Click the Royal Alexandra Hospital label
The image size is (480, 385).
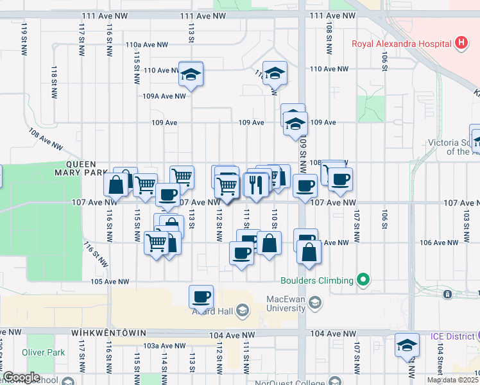pyautogui.click(x=401, y=44)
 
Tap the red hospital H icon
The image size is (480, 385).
pyautogui.click(x=460, y=44)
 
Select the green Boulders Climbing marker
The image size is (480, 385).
pyautogui.click(x=364, y=280)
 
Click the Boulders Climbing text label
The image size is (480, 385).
pyautogui.click(x=317, y=280)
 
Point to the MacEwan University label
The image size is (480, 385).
pyautogui.click(x=286, y=302)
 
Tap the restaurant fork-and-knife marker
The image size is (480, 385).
pyautogui.click(x=255, y=185)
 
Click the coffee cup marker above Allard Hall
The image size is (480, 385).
pyautogui.click(x=201, y=296)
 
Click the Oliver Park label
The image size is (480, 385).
pyautogui.click(x=43, y=352)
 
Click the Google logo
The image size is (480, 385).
pyautogui.click(x=21, y=377)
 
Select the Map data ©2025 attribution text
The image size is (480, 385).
pyautogui.click(x=452, y=380)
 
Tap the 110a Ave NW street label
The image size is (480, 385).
pyautogui.click(x=146, y=45)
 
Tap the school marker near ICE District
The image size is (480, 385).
pyautogui.click(x=406, y=346)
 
